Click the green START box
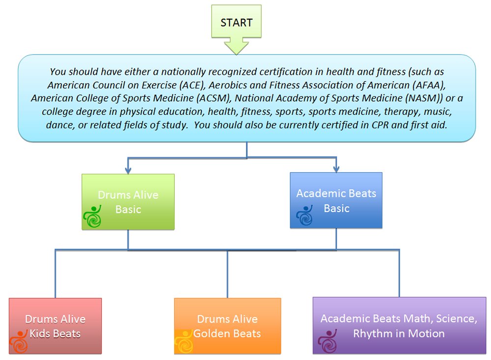237,21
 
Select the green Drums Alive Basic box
128,202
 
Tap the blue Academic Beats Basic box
336,200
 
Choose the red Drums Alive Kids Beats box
55,326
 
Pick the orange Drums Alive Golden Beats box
227,326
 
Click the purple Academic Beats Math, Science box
399,326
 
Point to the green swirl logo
92,216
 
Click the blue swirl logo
304,215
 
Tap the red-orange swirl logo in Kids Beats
19,341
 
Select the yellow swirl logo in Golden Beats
184,341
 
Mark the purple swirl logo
327,341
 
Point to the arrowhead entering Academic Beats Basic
336,168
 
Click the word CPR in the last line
380,125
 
